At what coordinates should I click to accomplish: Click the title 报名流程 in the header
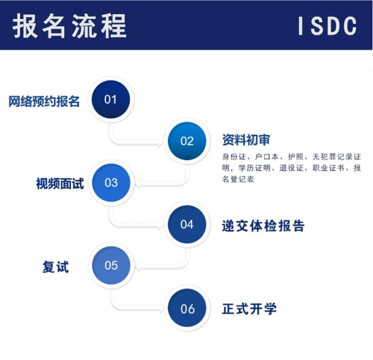(69, 26)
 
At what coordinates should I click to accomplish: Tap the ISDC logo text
(328, 26)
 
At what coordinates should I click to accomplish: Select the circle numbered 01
(111, 99)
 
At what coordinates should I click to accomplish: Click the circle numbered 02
(187, 141)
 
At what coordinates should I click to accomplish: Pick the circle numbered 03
(111, 183)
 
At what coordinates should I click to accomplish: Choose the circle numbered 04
(187, 224)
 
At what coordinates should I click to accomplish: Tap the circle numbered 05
(111, 266)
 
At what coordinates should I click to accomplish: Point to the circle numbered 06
(187, 308)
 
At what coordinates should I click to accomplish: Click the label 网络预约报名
(44, 101)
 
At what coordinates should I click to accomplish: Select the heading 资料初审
(246, 140)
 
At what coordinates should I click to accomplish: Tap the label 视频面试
(60, 184)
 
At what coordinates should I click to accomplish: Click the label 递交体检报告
(263, 226)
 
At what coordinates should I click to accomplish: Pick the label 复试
(56, 267)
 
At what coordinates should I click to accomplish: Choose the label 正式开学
(249, 308)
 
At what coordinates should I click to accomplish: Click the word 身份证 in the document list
(233, 157)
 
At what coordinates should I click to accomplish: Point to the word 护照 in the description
(296, 157)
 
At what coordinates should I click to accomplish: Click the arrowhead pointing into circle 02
(161, 142)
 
